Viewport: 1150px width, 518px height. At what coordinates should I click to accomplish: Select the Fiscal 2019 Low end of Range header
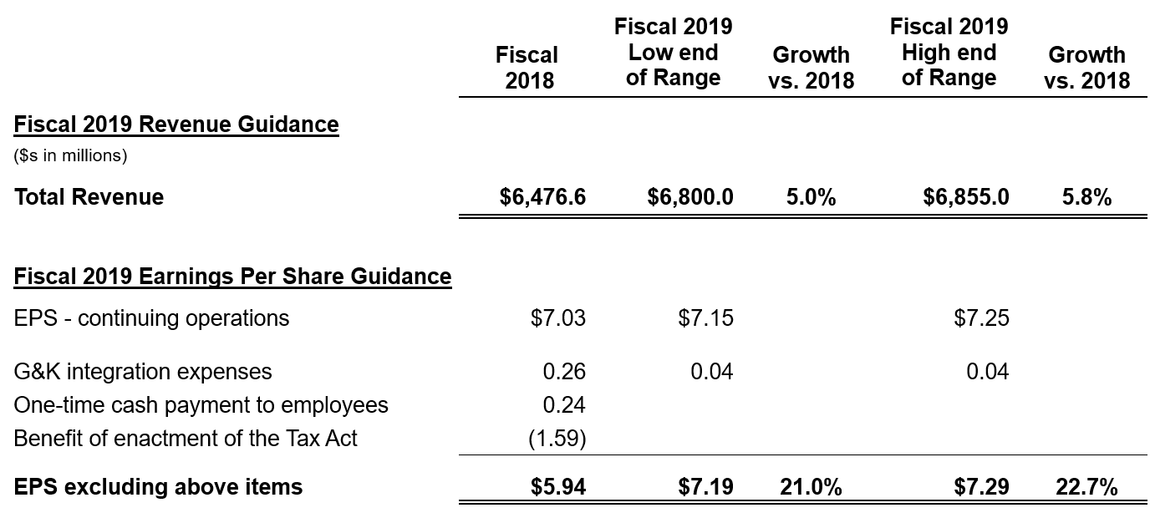click(673, 52)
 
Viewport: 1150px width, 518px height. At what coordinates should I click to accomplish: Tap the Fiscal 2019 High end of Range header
click(949, 52)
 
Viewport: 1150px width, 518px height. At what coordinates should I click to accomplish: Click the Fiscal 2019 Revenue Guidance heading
click(176, 124)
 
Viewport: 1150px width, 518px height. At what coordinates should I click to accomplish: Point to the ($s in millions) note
click(70, 155)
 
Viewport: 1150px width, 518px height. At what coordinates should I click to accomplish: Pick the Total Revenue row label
click(89, 197)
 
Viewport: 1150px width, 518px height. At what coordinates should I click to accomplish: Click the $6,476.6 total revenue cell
click(542, 197)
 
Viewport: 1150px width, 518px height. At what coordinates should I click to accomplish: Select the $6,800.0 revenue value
click(690, 197)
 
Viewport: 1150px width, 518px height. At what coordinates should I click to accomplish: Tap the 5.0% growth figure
click(811, 197)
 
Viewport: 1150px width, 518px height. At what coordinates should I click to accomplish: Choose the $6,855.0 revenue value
click(966, 197)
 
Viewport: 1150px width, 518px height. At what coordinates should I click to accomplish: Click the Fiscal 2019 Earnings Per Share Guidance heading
click(232, 277)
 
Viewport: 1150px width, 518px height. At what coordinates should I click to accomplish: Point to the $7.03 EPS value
click(558, 318)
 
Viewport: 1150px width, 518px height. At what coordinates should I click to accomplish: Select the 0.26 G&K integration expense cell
click(564, 371)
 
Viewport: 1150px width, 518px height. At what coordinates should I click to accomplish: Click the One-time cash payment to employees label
click(201, 405)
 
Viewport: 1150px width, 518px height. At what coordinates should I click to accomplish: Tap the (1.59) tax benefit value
click(557, 439)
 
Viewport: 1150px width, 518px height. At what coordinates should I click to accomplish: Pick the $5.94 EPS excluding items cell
click(558, 486)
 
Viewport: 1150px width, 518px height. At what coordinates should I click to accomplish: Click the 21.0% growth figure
click(811, 486)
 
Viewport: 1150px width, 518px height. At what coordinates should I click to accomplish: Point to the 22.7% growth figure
click(1086, 486)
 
